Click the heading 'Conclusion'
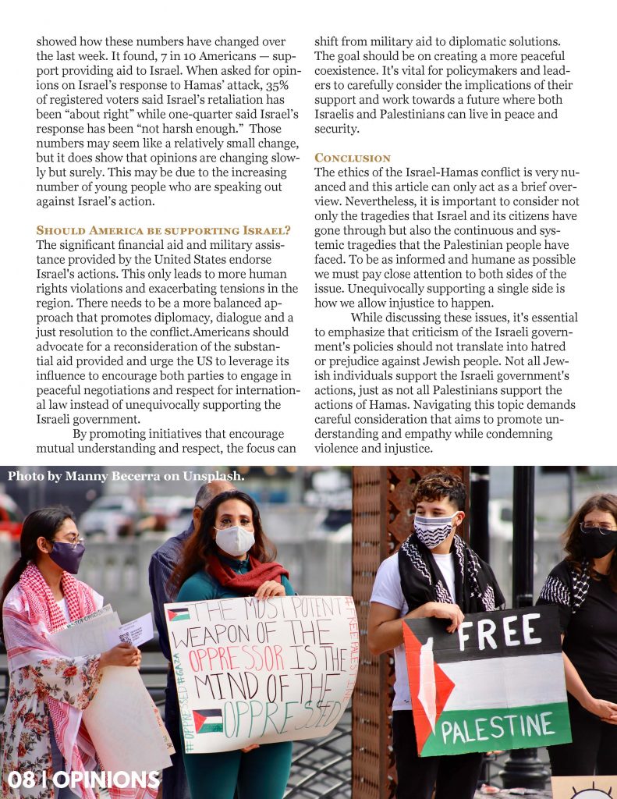point(353,158)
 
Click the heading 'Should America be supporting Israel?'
point(164,230)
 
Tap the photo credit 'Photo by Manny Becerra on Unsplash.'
point(126,475)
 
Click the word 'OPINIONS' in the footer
point(107,779)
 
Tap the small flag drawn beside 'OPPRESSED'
point(207,720)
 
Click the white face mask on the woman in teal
point(235,540)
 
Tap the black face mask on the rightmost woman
point(597,542)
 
